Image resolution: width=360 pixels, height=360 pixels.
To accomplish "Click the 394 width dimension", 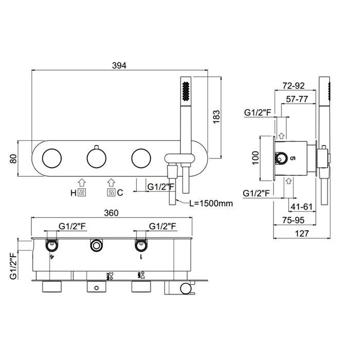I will pyautogui.click(x=119, y=65).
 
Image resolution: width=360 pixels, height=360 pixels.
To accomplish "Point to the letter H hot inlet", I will pyautogui.click(x=73, y=193).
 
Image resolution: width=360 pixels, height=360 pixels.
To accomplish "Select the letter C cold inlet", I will pyautogui.click(x=120, y=193).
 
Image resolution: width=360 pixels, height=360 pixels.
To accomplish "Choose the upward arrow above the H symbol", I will pyautogui.click(x=81, y=182).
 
